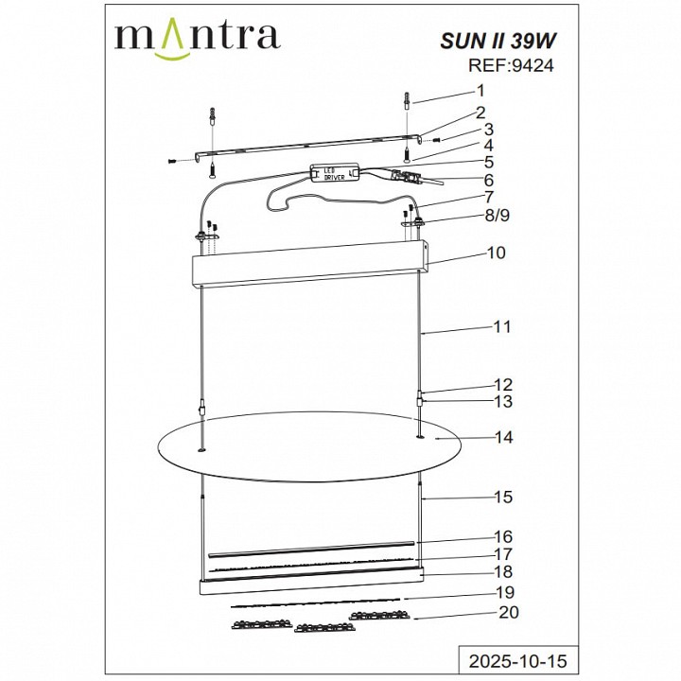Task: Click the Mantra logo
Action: coord(197,37)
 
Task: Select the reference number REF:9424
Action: coord(512,66)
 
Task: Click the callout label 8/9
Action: coord(495,217)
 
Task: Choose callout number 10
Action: coord(496,253)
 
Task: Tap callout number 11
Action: coord(501,327)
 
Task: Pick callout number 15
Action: coord(502,497)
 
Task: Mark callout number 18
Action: coord(502,572)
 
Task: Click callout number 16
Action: coord(502,536)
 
